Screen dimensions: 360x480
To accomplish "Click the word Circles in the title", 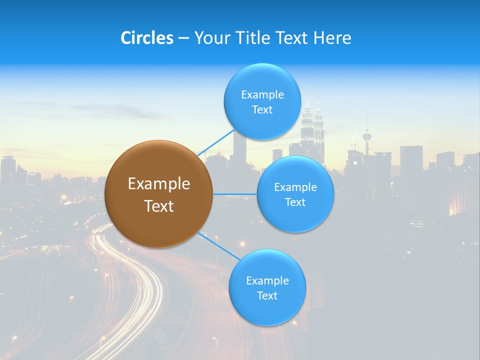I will tap(146, 38).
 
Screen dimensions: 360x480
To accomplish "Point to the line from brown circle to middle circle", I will tap(234, 194).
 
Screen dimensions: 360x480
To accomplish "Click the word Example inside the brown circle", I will tap(158, 184).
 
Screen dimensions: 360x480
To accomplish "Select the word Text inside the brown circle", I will tap(158, 206).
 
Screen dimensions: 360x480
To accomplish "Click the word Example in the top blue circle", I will tap(262, 95).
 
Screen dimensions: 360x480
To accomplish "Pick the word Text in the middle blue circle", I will tap(295, 202).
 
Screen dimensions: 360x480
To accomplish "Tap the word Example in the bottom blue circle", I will tap(267, 280).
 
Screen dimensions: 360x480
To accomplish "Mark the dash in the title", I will tap(183, 38).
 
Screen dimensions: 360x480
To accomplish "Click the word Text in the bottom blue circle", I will tap(267, 295).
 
